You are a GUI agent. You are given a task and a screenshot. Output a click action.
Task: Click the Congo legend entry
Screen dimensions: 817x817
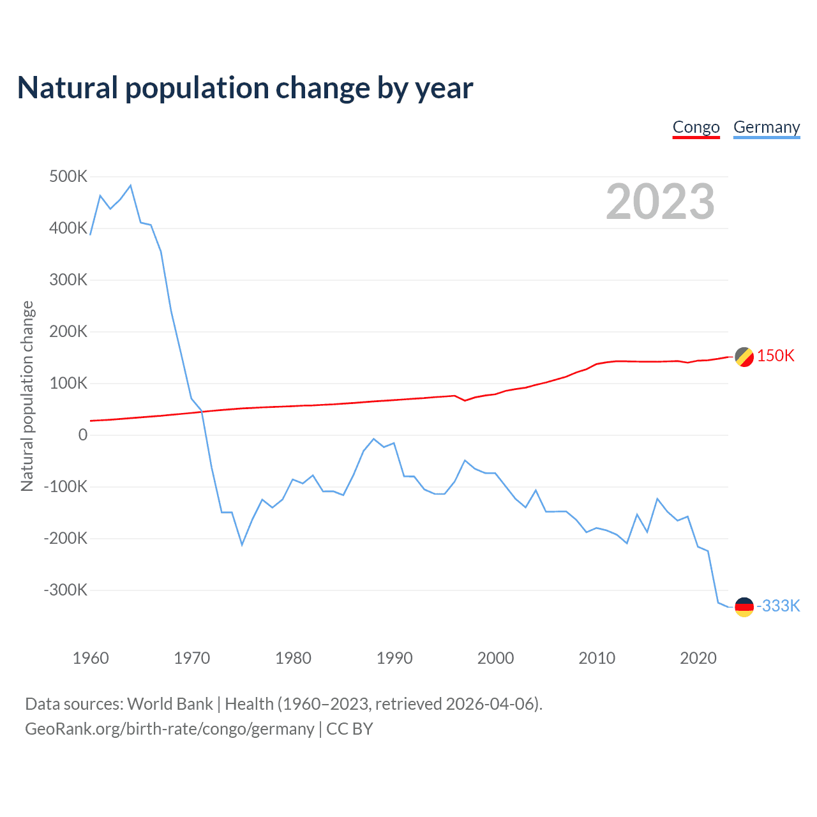tap(696, 127)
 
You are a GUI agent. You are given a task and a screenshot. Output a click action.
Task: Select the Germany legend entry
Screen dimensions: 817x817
tap(766, 127)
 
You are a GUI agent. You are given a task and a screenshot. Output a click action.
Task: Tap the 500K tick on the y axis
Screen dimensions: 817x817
tap(68, 176)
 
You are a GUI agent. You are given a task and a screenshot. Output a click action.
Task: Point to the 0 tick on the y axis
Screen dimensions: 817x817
tap(82, 435)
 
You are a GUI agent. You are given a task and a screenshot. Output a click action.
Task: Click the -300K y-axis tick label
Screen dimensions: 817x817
tap(65, 590)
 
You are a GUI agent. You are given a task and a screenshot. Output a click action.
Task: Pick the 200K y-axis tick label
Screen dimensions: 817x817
tap(68, 331)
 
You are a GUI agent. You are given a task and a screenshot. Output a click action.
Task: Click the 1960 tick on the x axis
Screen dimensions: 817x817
tap(91, 658)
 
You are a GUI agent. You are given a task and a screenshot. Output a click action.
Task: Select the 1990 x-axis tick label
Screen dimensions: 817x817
tap(394, 658)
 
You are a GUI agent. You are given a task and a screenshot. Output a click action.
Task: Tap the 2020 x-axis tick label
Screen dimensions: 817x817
tap(698, 658)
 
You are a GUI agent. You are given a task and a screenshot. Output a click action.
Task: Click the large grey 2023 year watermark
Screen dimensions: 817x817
tap(660, 202)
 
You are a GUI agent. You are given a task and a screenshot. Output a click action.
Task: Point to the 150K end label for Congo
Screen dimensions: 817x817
tap(776, 356)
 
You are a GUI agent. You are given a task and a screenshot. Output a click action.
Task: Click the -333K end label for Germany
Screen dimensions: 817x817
tap(778, 606)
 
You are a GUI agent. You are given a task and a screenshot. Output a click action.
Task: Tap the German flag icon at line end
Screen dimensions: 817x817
tap(744, 607)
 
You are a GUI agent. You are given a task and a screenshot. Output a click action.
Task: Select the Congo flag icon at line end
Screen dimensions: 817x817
tap(744, 357)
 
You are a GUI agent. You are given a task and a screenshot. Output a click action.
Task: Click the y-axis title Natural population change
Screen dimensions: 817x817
tap(27, 396)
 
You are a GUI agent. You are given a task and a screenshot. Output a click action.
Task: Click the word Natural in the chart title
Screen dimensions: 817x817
tap(68, 88)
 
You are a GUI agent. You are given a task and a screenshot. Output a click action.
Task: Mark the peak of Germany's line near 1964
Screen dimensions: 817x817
tap(131, 186)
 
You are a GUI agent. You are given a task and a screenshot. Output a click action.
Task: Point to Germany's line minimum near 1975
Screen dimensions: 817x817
tap(242, 544)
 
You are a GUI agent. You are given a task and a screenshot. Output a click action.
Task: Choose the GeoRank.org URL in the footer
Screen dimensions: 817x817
tap(169, 729)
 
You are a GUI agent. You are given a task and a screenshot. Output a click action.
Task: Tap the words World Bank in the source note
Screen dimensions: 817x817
tap(170, 704)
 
